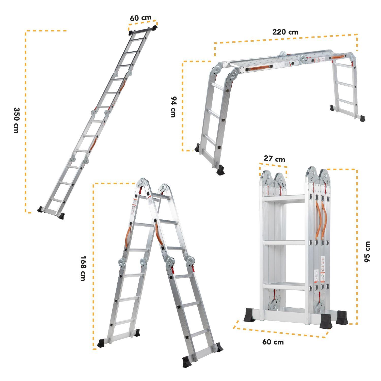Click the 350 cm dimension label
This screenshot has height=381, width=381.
click(16, 120)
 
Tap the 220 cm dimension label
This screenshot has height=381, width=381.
click(285, 32)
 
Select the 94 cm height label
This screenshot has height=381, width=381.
click(173, 107)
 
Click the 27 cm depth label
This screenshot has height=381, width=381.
click(274, 159)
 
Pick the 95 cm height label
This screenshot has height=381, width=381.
click(367, 252)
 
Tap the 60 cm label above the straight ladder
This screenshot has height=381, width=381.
click(140, 18)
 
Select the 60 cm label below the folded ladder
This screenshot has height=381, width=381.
click(273, 342)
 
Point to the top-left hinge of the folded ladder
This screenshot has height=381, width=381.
click(266, 176)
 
